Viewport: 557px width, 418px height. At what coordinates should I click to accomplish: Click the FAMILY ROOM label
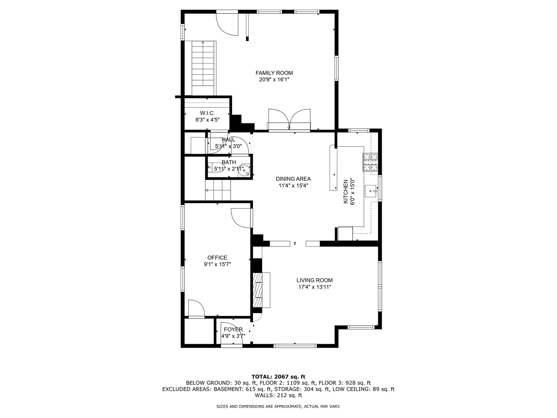pos(274,73)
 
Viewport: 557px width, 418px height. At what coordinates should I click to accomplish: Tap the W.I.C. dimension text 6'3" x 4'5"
pos(207,120)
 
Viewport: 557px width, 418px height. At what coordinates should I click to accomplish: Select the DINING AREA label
pos(293,179)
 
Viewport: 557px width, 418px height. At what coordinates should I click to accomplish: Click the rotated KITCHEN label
pos(346,191)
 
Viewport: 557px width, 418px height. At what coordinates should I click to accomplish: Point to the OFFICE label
pos(217,258)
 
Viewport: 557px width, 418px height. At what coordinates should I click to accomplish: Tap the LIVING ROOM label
pos(314,280)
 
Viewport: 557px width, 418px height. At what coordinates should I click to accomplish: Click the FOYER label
pos(233,329)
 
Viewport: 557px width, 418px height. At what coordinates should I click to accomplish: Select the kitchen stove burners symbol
pos(370,163)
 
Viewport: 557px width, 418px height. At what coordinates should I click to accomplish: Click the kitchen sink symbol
pos(371,191)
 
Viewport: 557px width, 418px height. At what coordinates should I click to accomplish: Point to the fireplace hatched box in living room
pos(257,290)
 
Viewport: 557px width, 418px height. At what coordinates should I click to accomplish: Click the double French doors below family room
pos(289,120)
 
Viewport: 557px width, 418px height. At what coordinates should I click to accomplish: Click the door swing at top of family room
pos(227,24)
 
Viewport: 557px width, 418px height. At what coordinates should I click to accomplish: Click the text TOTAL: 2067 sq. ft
pos(278,377)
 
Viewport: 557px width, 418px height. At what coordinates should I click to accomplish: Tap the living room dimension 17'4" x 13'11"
pos(314,287)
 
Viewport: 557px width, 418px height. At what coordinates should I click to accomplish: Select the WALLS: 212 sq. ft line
pos(278,395)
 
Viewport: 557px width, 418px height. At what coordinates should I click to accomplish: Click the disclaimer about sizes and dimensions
pos(278,406)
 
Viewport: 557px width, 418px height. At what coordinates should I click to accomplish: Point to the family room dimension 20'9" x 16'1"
pos(274,80)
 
